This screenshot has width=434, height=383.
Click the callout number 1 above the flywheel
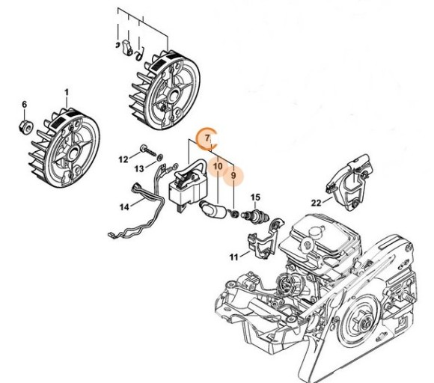point(66,91)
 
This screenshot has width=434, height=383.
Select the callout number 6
point(24,103)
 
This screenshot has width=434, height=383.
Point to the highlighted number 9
point(233,177)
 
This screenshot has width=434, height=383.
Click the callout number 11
point(234,257)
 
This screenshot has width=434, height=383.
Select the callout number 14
point(125,206)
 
